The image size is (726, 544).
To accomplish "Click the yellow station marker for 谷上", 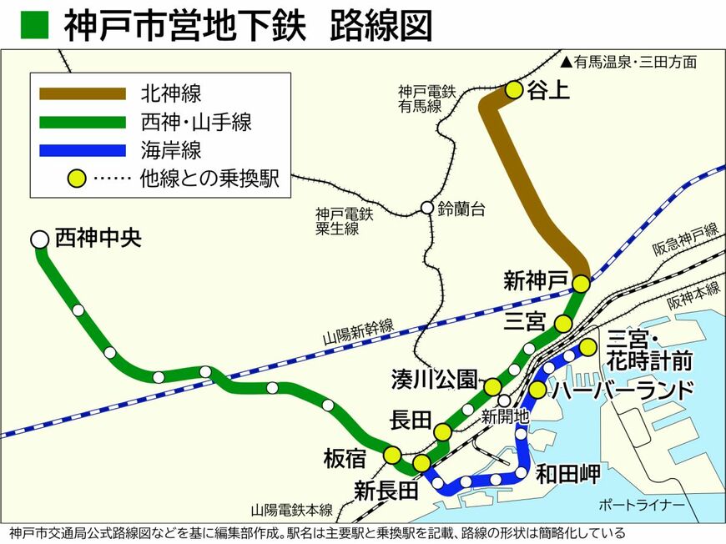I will point(514,90).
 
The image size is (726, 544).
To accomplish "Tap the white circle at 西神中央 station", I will point(39,239).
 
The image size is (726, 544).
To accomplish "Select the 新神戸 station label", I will point(535,280).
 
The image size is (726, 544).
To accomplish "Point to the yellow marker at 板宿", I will point(392,455).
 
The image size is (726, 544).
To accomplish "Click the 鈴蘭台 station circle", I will point(427,208).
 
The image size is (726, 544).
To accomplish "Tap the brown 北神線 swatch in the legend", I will point(83,93).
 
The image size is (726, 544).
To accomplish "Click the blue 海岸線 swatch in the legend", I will point(83,150).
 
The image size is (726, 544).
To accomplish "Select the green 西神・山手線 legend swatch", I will point(83,122).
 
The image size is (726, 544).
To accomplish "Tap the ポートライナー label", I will point(642,506).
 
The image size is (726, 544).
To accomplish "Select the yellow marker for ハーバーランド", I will point(537,390).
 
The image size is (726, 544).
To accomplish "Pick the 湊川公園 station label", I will point(433,379).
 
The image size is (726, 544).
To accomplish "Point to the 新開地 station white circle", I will point(504,400).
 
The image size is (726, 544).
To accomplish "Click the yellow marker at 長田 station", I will point(442,431).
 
